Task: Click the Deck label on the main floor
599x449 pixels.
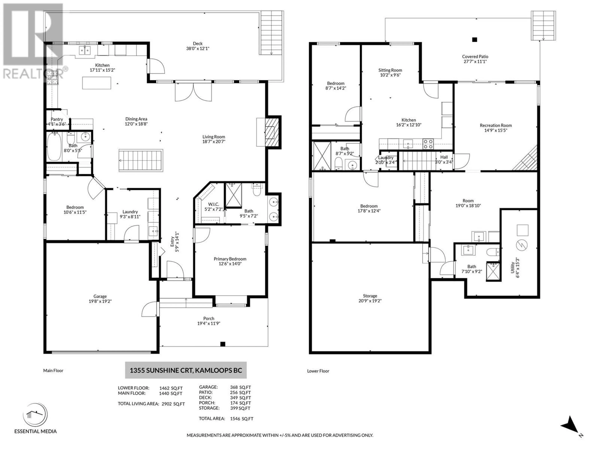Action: pyautogui.click(x=198, y=43)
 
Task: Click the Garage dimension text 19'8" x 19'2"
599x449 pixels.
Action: pyautogui.click(x=100, y=301)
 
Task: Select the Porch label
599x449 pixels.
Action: pyautogui.click(x=209, y=319)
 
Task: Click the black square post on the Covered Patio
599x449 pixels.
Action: pyautogui.click(x=474, y=39)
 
